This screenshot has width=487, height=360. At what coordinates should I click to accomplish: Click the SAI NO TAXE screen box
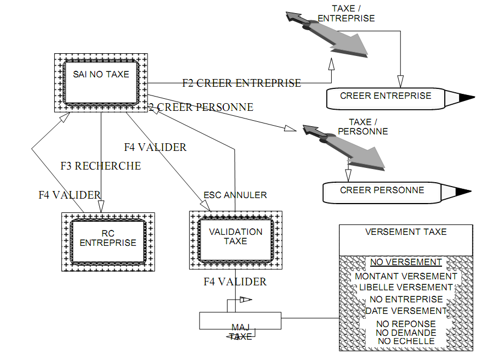coord(101,82)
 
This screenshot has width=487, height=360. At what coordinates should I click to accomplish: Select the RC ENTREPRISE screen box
coord(108,241)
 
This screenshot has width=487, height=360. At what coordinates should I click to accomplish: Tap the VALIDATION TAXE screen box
coord(235,240)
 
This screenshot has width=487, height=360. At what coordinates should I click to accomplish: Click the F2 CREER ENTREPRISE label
coord(241,83)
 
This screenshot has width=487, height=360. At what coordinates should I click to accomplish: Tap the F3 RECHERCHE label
coord(100,166)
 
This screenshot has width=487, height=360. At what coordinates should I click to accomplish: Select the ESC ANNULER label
coord(235,195)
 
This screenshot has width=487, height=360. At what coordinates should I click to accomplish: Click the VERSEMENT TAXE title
coord(406,232)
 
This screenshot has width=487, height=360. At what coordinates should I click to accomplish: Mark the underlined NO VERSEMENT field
coord(406,262)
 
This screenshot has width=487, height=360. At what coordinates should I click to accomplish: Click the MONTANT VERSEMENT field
coord(406,277)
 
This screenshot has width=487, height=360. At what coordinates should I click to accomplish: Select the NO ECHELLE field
coord(406,341)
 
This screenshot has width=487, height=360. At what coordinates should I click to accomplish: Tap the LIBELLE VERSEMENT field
coord(406,287)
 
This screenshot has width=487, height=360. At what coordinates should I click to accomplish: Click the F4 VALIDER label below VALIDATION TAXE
coord(235,282)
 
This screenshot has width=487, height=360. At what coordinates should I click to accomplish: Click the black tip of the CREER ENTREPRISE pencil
coord(467,98)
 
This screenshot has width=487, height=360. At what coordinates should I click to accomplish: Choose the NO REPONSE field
coord(406,324)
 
